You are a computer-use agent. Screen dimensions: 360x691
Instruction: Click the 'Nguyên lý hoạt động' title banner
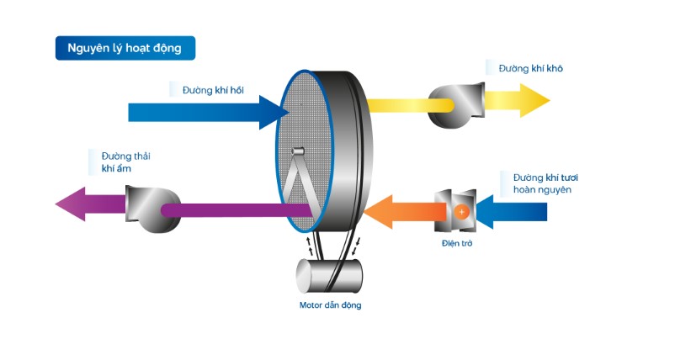point(125,48)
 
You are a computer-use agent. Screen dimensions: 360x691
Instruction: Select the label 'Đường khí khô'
point(530,68)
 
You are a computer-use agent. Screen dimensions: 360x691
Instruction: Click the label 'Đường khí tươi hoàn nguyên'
point(541,183)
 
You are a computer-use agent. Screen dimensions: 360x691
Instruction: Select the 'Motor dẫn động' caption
point(330,304)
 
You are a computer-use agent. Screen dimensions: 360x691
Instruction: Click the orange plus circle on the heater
point(461,212)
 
